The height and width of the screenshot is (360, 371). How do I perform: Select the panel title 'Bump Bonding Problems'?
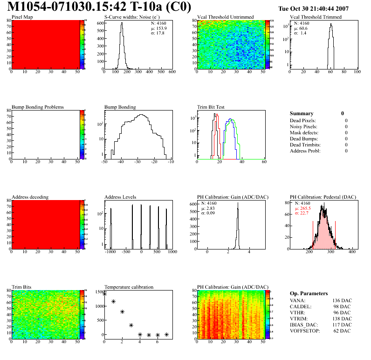(x=38, y=107)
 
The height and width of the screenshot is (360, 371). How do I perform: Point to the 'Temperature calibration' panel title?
(x=129, y=287)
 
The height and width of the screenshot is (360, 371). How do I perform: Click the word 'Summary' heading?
(x=302, y=113)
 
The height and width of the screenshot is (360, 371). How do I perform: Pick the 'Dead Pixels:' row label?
(x=303, y=121)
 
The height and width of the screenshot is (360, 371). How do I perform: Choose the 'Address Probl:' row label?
(x=306, y=151)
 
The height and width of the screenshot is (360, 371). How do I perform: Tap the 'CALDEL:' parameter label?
(x=301, y=306)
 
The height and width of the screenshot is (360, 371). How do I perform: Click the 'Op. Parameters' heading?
(x=309, y=293)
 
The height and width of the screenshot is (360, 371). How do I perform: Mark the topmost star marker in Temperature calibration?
(x=104, y=294)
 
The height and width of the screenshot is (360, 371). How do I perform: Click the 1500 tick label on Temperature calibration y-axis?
(x=98, y=292)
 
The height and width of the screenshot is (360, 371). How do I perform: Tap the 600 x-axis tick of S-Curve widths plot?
(x=172, y=72)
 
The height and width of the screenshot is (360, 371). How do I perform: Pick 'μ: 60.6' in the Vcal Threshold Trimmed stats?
(x=300, y=28)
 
